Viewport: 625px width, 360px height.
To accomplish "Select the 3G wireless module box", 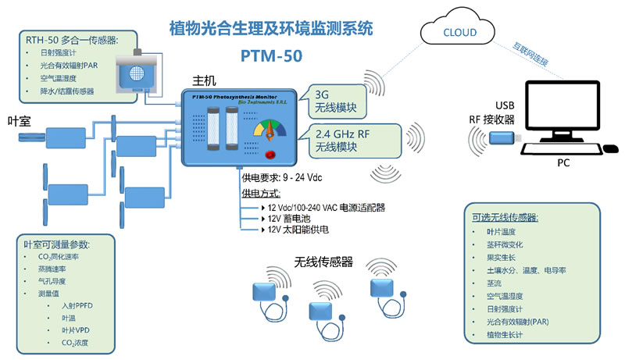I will (x=337, y=101).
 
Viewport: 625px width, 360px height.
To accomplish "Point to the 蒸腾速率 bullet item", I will (x=53, y=269).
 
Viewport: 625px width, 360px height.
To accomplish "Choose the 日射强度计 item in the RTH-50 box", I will (x=59, y=52).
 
